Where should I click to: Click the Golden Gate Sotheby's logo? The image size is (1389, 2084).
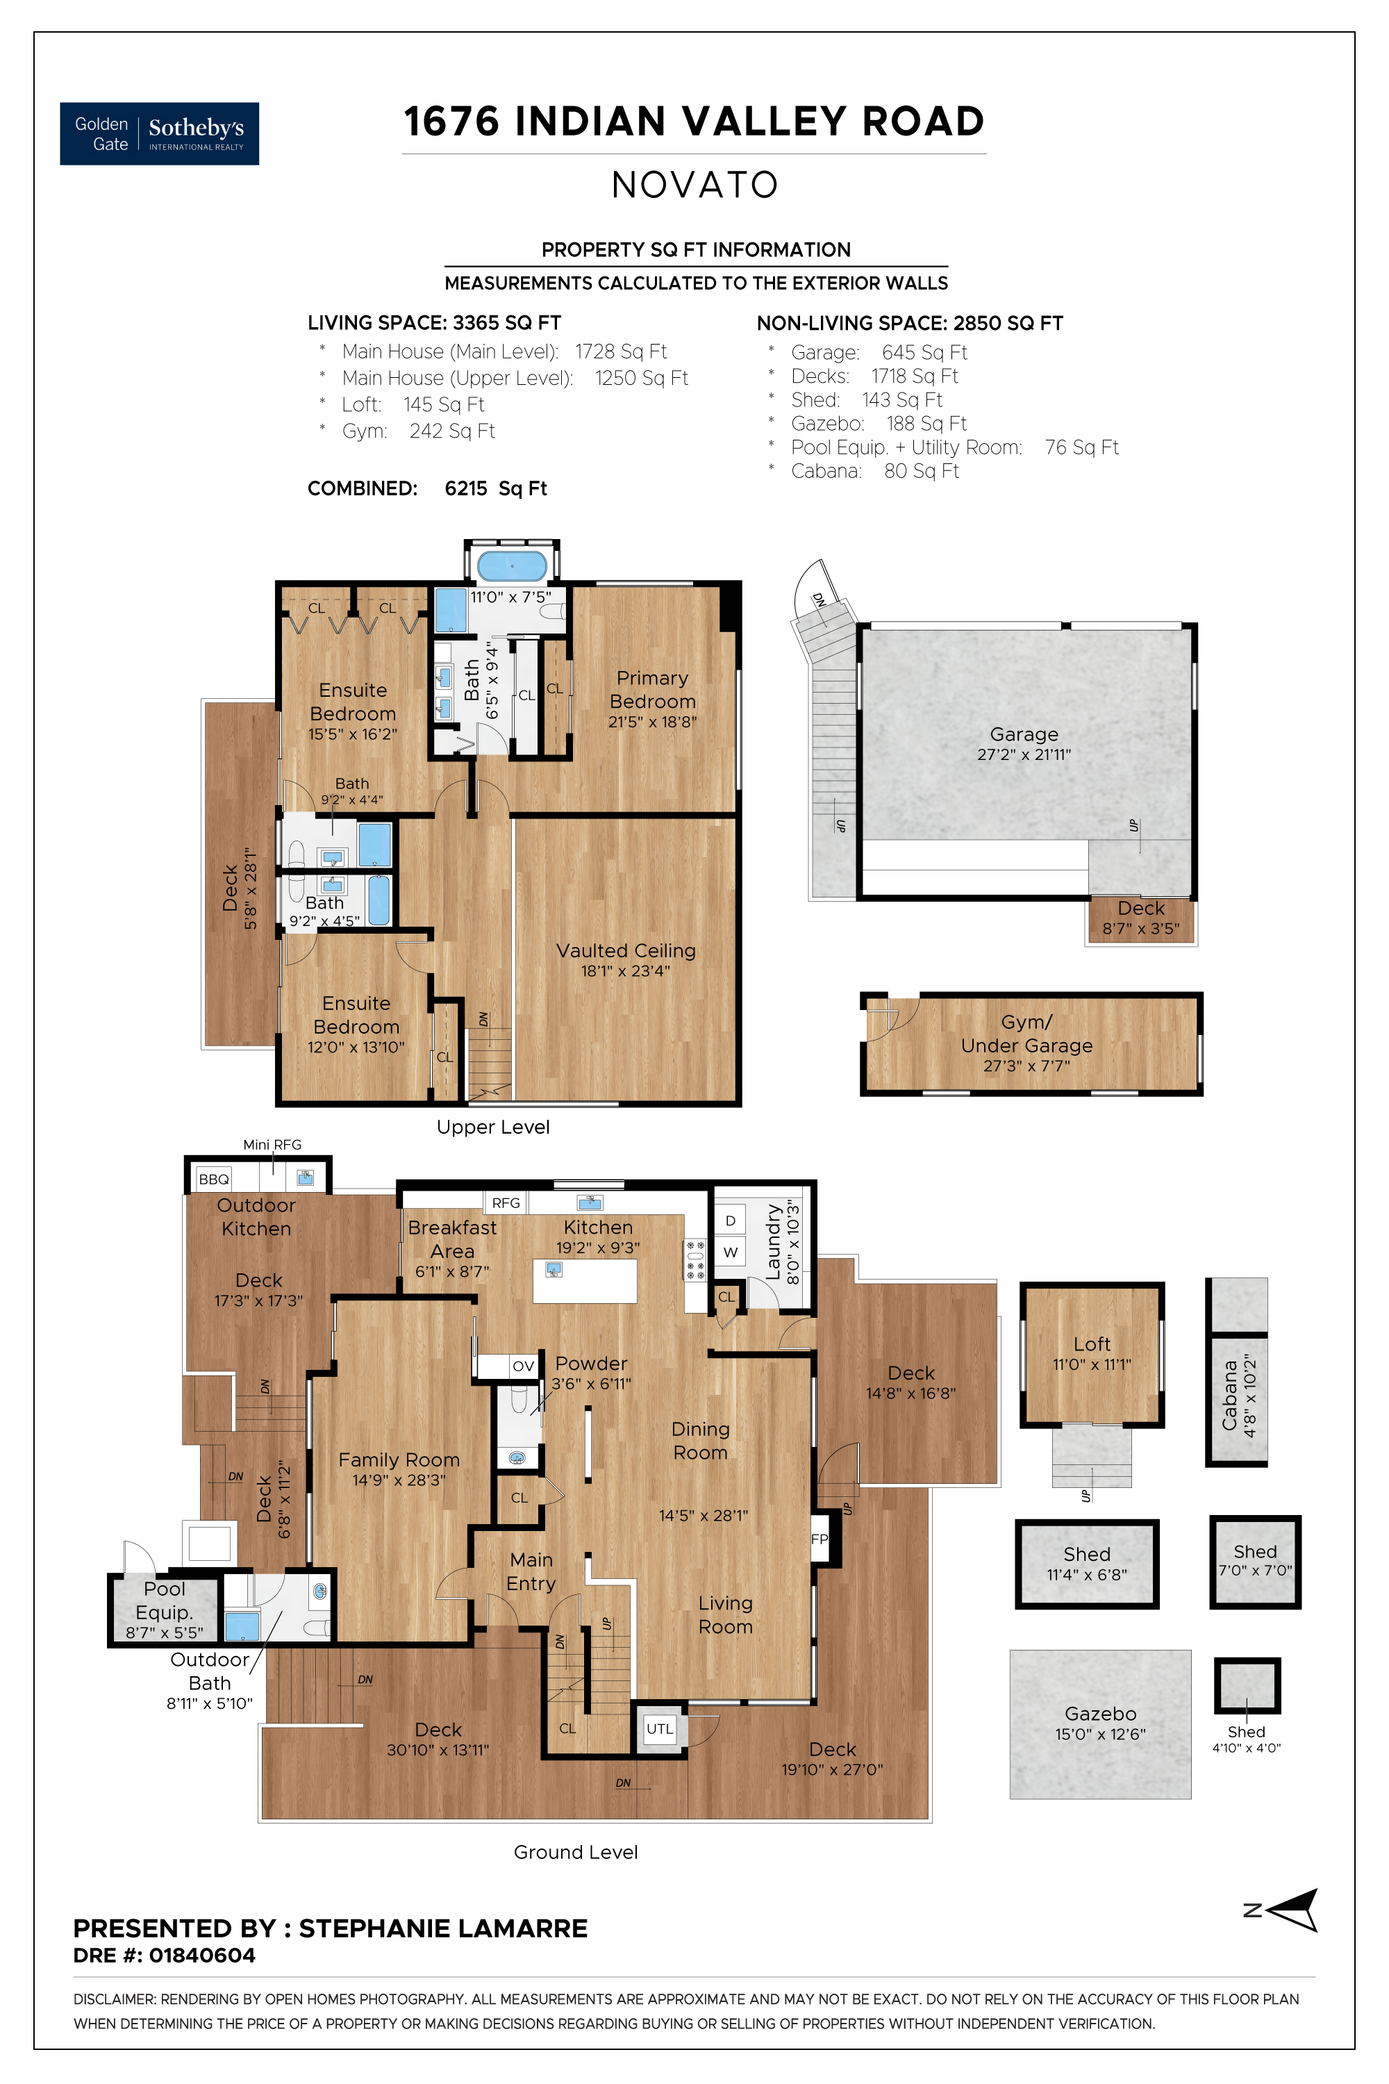coord(160,134)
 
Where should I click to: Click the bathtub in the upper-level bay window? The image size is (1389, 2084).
coord(512,565)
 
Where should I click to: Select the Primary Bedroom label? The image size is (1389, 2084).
coord(652,689)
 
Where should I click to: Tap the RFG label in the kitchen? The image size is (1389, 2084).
coord(506,1202)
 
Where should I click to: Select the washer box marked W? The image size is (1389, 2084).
coord(731,1252)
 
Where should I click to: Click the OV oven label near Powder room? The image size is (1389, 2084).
coord(524,1366)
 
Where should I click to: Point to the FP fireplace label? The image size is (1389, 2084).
coord(820,1539)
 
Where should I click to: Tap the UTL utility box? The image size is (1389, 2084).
coord(660,1729)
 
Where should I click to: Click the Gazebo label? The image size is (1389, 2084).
coord(1100,1714)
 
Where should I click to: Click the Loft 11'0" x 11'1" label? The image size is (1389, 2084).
coord(1091,1354)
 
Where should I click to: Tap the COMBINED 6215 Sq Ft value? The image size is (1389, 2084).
coord(495,489)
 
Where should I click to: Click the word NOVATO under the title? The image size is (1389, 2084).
coord(695,185)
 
